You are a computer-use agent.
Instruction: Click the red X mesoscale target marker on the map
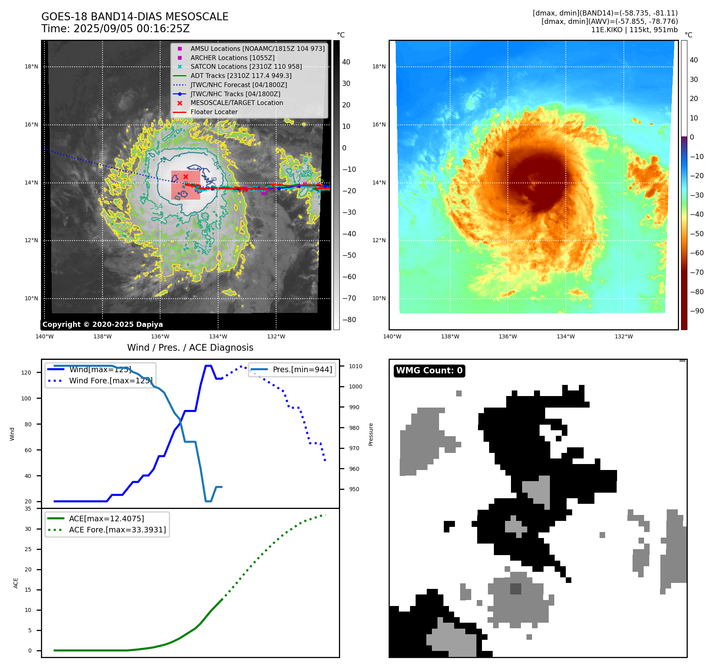tap(186, 177)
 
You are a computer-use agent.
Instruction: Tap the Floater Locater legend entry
tap(214, 112)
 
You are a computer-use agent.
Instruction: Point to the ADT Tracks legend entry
tap(241, 76)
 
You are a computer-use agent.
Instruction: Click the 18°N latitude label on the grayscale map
tap(31, 66)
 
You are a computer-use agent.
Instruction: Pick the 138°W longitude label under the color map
tap(450, 336)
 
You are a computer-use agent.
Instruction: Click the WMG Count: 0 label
tap(429, 371)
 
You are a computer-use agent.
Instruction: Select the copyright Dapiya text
tap(103, 324)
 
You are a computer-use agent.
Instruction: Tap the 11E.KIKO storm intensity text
tap(634, 30)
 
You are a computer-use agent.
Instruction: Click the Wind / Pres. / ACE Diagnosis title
tap(190, 348)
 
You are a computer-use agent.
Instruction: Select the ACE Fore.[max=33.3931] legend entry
tap(117, 530)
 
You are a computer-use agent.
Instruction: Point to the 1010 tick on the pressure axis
tap(356, 366)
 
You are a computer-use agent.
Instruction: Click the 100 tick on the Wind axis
tap(26, 398)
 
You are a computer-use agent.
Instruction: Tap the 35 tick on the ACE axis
tap(28, 509)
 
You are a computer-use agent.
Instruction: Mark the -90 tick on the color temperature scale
tap(697, 311)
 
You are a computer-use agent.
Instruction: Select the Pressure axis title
tap(371, 434)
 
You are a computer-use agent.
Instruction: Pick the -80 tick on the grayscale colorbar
tap(349, 320)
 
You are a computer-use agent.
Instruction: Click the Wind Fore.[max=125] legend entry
tap(110, 381)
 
